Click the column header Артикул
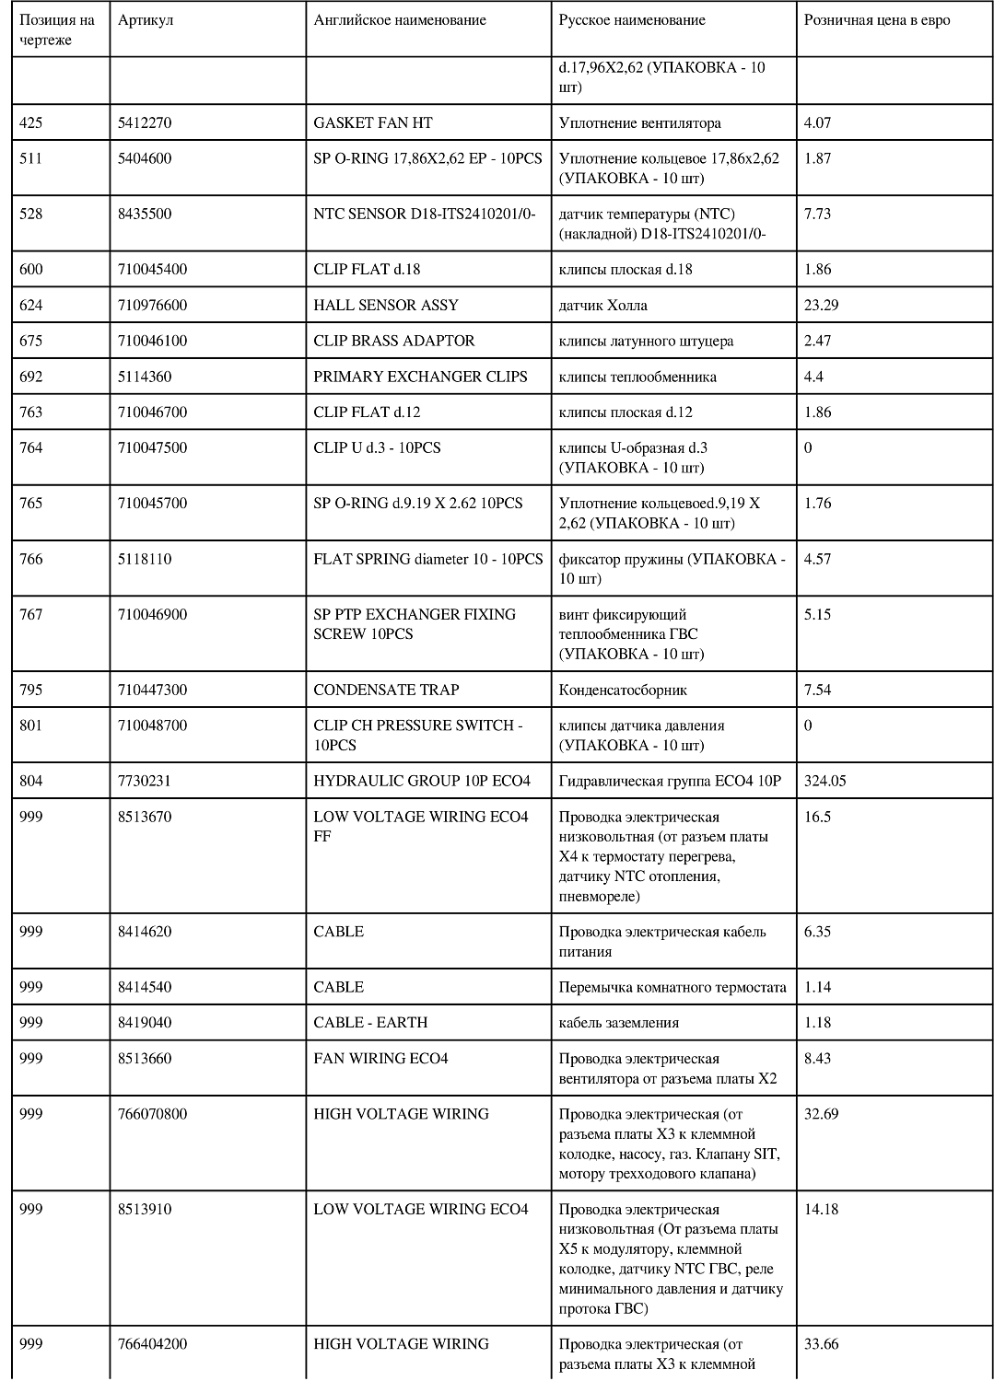(146, 20)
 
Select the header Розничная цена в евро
(876, 20)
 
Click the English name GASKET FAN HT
(372, 122)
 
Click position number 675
(31, 341)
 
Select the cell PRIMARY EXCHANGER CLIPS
(420, 377)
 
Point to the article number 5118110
(145, 559)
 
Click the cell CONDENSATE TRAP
(386, 690)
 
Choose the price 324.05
(824, 781)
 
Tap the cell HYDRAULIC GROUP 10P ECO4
(422, 781)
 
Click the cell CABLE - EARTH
(370, 1022)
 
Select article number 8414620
(145, 932)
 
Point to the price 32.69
(821, 1114)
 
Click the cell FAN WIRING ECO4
(380, 1059)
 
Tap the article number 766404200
(152, 1344)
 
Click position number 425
(31, 122)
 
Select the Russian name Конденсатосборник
(623, 690)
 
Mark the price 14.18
(821, 1210)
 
